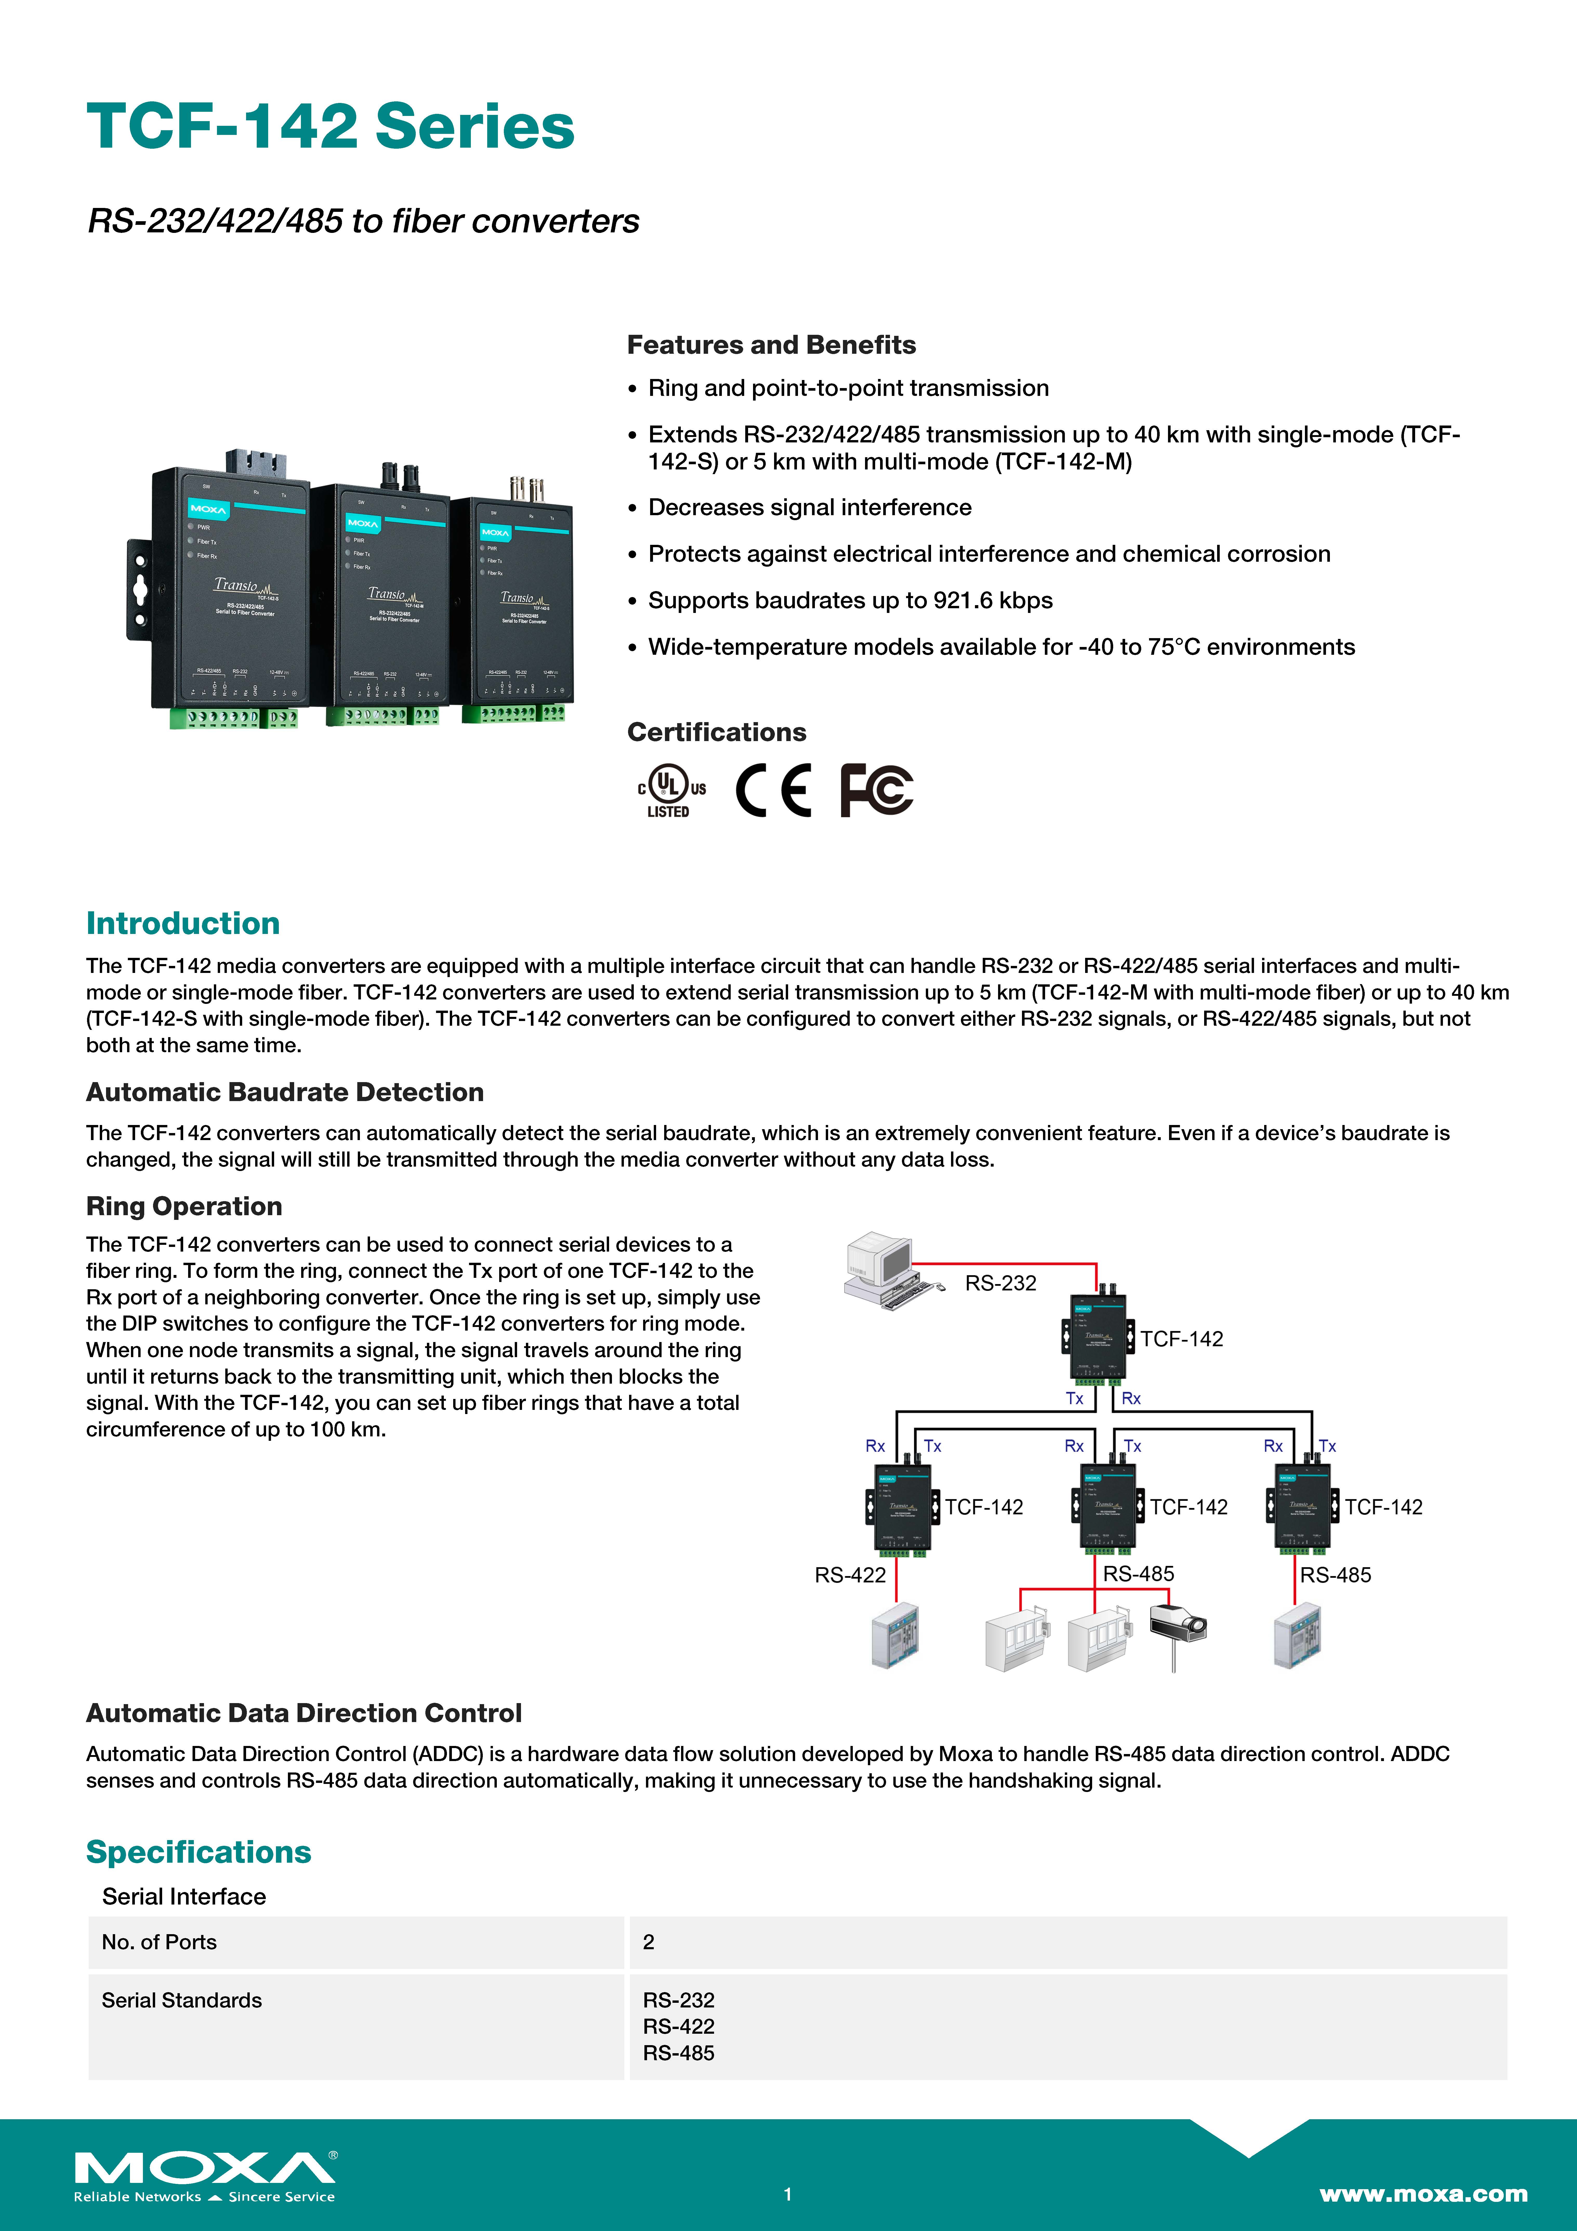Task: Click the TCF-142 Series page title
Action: click(330, 126)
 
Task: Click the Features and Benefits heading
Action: click(770, 345)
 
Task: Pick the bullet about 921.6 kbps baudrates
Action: click(850, 600)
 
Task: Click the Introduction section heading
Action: click(183, 923)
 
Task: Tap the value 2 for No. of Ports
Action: click(648, 1941)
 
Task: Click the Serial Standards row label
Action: click(182, 2000)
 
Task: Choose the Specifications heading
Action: click(198, 1852)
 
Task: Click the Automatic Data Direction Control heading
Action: click(303, 1713)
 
